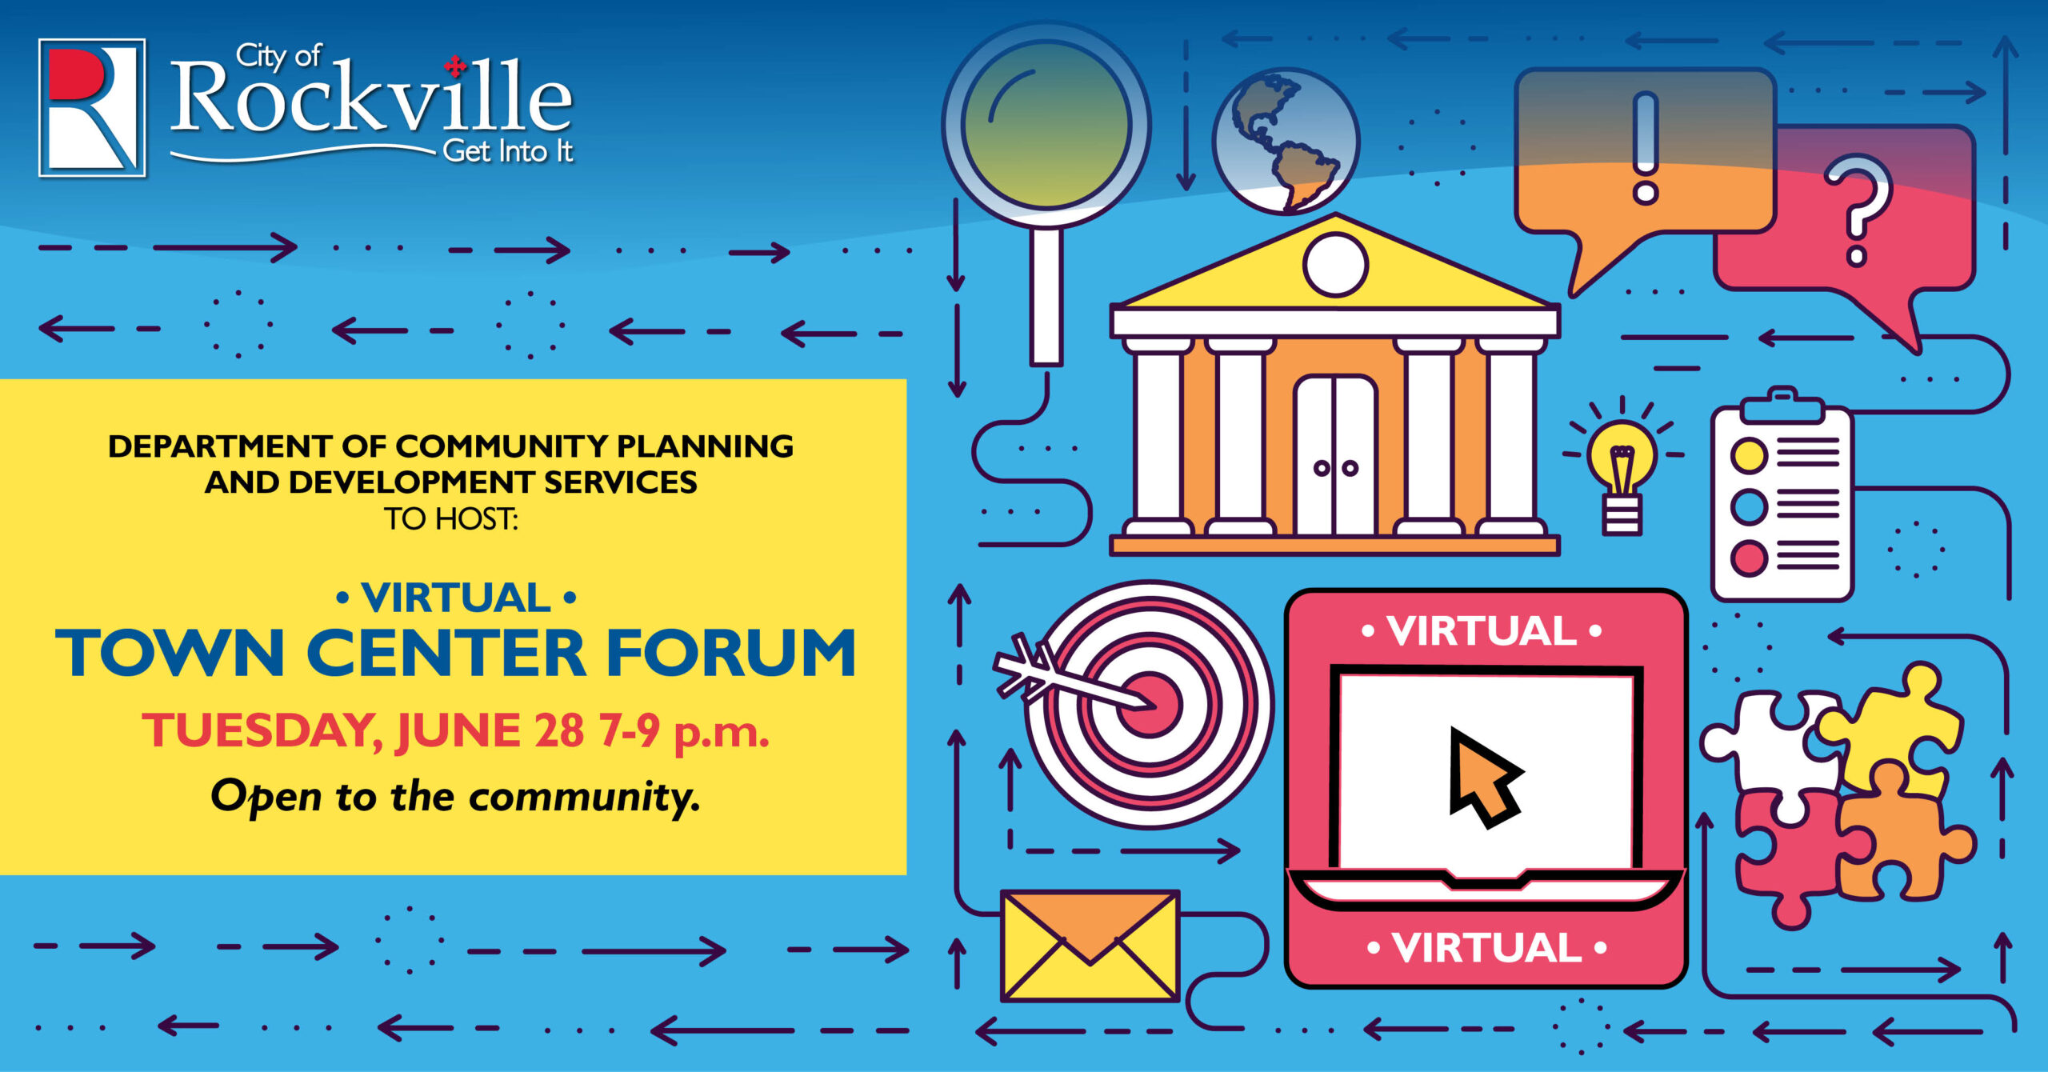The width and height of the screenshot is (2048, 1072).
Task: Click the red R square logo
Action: (x=92, y=108)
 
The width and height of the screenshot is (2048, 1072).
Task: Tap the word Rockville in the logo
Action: (x=371, y=98)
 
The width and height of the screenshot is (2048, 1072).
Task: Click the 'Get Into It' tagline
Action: (x=508, y=151)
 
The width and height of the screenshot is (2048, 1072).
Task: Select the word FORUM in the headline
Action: (x=731, y=653)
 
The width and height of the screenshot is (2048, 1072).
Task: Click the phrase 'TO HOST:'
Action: (x=451, y=519)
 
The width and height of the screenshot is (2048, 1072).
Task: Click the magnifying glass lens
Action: (x=1046, y=125)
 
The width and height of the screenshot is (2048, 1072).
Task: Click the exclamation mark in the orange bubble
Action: (x=1645, y=147)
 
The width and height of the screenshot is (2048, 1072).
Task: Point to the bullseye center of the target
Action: (x=1150, y=704)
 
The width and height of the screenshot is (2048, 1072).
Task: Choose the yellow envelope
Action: (x=1090, y=946)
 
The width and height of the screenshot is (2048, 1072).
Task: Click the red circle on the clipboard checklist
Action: (x=1749, y=558)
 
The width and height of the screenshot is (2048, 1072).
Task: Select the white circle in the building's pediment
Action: (x=1335, y=264)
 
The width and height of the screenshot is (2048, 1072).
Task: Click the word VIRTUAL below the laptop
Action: (x=1487, y=948)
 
